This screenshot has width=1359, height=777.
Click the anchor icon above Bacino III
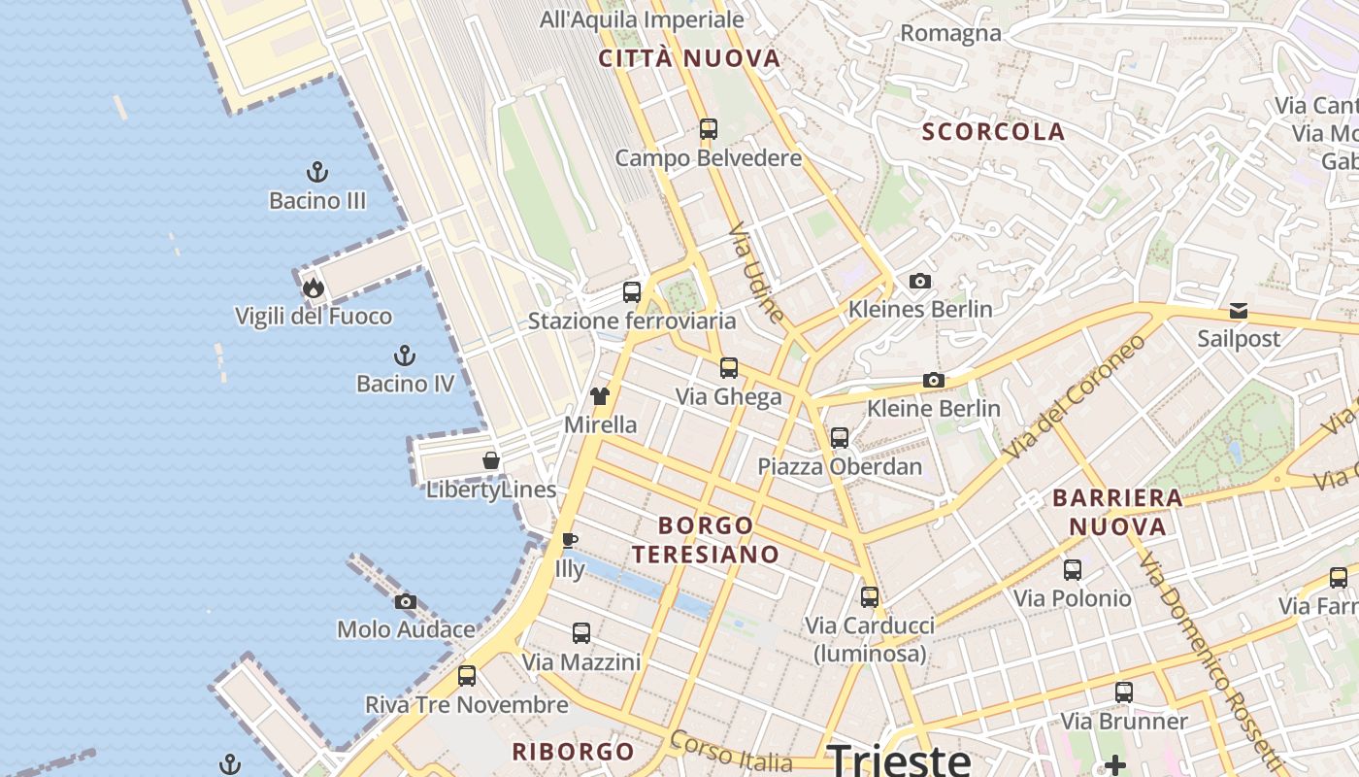[x=317, y=173]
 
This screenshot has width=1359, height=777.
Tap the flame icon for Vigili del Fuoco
[x=313, y=287]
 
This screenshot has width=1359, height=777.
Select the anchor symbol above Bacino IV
[x=405, y=355]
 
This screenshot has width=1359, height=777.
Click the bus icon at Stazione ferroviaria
[x=632, y=291]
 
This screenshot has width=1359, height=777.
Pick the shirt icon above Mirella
[x=600, y=396]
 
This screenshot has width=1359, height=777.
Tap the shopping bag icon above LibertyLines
[x=491, y=460]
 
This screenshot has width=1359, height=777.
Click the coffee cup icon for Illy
[x=570, y=540]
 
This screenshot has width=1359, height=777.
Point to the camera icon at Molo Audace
[x=406, y=602]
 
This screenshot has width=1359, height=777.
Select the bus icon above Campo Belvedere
[x=709, y=128]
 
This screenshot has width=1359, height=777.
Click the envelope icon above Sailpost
[x=1239, y=311]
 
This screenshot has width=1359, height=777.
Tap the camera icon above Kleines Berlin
[x=920, y=282]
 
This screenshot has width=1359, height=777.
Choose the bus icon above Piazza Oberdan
[x=840, y=438]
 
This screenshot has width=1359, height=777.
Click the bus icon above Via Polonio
[x=1073, y=570]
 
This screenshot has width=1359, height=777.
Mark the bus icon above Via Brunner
[x=1124, y=693]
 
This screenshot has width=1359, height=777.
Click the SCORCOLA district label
[x=993, y=132]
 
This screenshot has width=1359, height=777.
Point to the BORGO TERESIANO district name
[x=706, y=540]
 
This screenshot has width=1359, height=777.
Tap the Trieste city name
[x=899, y=758]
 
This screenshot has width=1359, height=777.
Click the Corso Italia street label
[x=744, y=754]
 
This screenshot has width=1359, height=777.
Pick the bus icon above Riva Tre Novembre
[x=467, y=676]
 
